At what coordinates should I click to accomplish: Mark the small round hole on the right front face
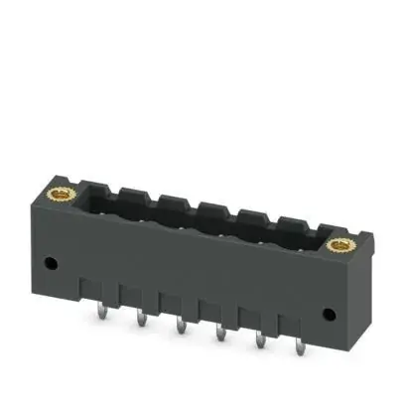(x=329, y=314)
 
